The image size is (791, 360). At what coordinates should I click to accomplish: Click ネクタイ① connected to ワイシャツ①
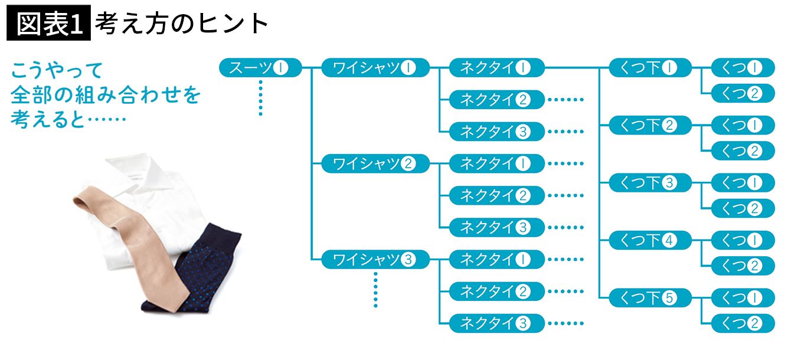tap(496, 68)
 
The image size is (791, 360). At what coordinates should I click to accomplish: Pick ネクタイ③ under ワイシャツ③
tap(496, 323)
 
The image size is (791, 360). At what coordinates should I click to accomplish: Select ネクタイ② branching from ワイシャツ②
tap(496, 195)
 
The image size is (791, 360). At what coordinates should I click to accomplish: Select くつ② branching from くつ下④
tap(743, 266)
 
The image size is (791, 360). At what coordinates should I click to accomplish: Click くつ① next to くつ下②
tap(743, 125)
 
